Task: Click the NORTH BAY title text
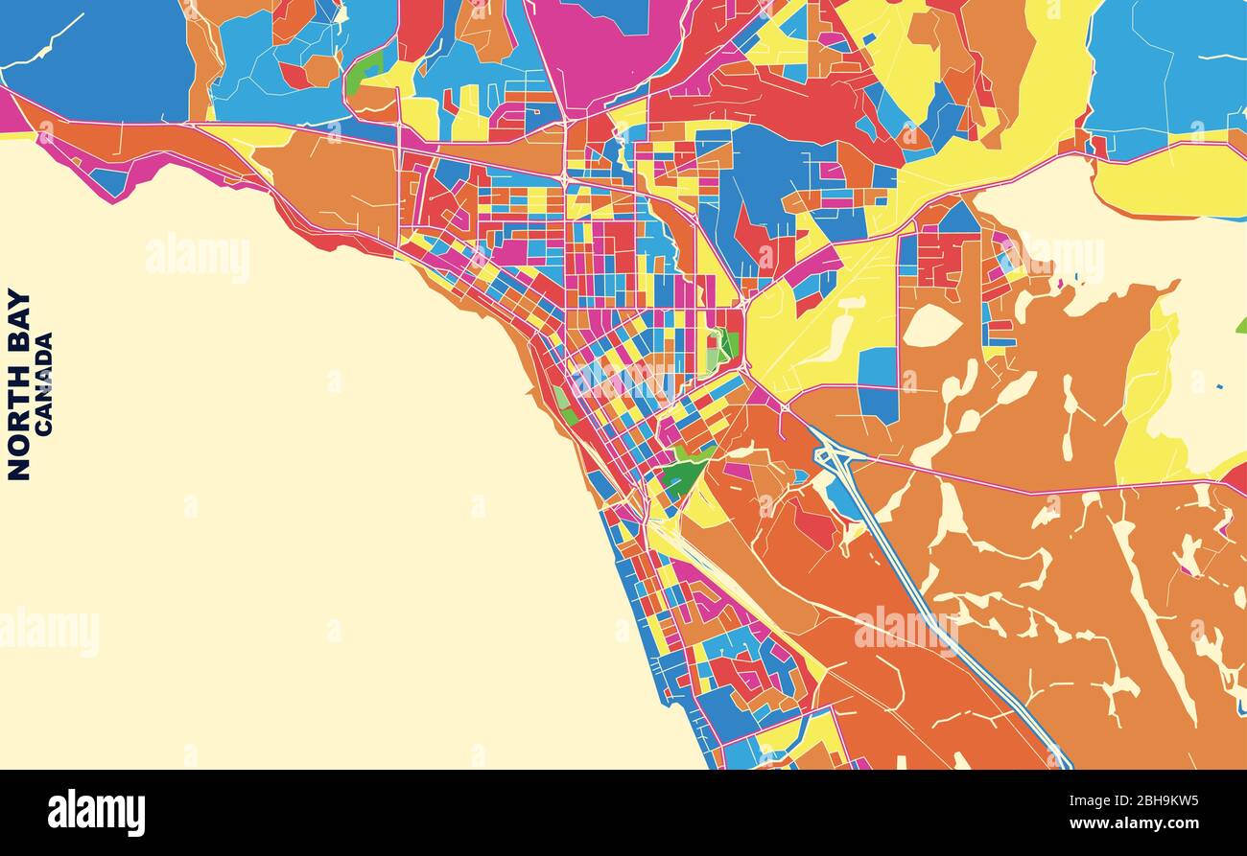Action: [18, 383]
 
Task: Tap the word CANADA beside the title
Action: [44, 384]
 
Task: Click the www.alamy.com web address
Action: [1137, 823]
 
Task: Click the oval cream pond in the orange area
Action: [930, 327]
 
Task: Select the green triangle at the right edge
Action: [1242, 326]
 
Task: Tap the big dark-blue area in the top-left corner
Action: [96, 58]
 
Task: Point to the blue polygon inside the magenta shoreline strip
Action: [109, 181]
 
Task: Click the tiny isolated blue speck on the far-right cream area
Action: [1219, 387]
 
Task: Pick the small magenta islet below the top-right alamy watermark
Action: [1060, 284]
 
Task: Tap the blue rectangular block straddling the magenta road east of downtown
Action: [879, 383]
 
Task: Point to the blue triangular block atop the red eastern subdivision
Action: [959, 219]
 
